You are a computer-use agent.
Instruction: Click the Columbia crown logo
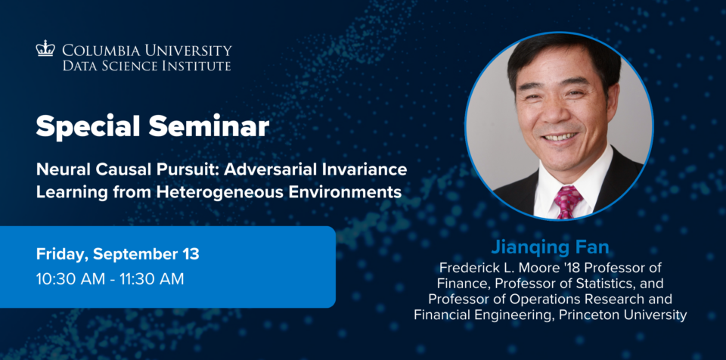click(45, 48)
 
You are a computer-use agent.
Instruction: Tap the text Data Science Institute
click(146, 65)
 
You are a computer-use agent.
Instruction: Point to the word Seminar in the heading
click(209, 126)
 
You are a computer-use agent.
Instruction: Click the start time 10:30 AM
click(70, 279)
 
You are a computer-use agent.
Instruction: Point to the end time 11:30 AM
click(150, 279)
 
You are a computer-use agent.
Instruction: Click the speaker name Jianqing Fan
click(550, 247)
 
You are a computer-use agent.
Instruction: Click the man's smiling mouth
click(561, 137)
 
